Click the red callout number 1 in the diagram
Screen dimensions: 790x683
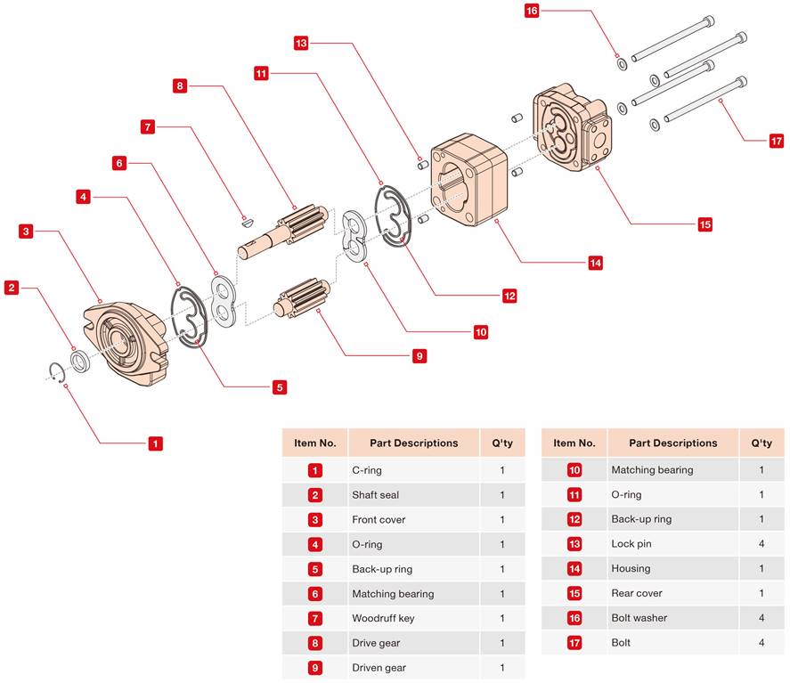click(x=155, y=443)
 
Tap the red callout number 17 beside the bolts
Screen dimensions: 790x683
click(x=777, y=141)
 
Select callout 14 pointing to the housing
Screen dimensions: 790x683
click(x=596, y=263)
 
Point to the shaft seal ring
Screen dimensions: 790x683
click(x=79, y=362)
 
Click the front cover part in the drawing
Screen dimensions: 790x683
click(x=126, y=343)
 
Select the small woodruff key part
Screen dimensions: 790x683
click(x=247, y=220)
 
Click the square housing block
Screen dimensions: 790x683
click(x=468, y=180)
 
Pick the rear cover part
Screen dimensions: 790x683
click(x=571, y=127)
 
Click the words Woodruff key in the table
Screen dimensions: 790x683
click(x=383, y=618)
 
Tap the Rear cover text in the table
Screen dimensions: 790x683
click(x=636, y=593)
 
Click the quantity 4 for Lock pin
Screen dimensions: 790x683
click(x=761, y=543)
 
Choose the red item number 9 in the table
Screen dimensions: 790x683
click(x=315, y=667)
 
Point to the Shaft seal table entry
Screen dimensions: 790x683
click(x=375, y=494)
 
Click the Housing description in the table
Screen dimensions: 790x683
click(x=631, y=568)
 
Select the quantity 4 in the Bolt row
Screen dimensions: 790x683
click(x=761, y=642)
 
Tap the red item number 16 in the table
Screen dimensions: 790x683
click(x=574, y=618)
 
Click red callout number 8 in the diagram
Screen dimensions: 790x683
click(x=180, y=85)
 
